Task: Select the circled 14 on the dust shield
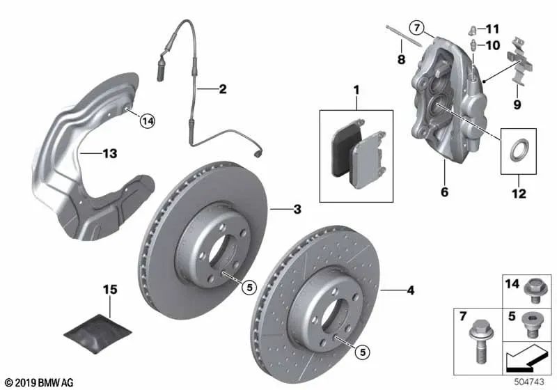coord(147,121)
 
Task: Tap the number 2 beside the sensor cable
coord(222,89)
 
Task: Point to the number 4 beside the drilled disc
coord(411,290)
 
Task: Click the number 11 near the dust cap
coord(493,29)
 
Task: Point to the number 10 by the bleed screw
coord(493,45)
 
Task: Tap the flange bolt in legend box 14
coord(533,290)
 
